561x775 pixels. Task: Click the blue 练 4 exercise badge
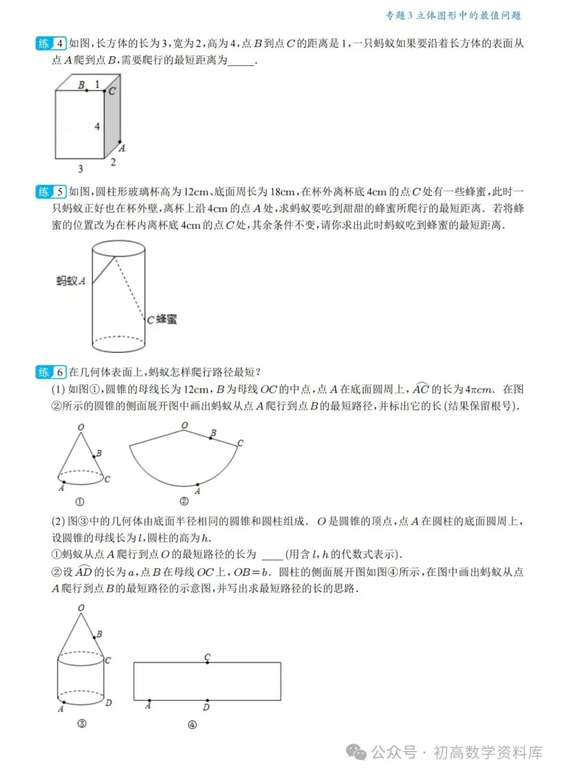pos(51,44)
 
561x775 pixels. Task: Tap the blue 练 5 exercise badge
pos(51,192)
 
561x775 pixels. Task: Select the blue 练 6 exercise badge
pos(51,372)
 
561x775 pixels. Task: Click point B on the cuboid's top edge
pos(86,90)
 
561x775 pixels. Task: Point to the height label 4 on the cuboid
pos(97,126)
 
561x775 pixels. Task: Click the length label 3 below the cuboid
pos(80,169)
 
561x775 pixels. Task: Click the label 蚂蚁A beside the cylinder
pos(71,281)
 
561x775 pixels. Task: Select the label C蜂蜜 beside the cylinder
pos(162,319)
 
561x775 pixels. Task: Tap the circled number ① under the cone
pos(80,502)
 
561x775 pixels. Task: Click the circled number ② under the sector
pos(184,501)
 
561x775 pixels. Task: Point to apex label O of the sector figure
pos(184,426)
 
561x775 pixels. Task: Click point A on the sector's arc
pos(197,485)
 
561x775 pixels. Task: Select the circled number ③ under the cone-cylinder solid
pos(82,724)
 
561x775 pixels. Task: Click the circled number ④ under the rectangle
pos(192,725)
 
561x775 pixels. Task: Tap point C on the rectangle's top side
pos(207,662)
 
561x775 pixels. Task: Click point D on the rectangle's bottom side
pos(207,700)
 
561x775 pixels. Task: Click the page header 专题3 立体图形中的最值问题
pos(452,16)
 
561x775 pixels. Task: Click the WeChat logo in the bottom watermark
pos(356,752)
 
